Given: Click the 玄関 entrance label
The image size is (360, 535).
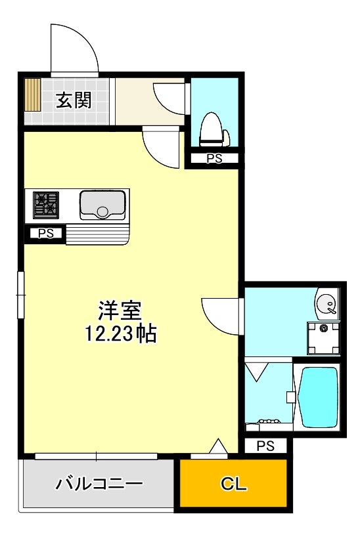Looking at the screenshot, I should (x=73, y=100).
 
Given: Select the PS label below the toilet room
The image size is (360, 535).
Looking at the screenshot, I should (x=214, y=158).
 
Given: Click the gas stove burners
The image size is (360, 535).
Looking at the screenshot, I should (x=46, y=203).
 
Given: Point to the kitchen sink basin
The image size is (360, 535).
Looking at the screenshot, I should (x=103, y=205).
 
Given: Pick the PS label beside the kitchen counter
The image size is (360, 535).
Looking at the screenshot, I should (x=45, y=232).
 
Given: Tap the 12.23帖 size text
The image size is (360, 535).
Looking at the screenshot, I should (x=120, y=334).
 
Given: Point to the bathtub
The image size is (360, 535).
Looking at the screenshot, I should (x=319, y=397).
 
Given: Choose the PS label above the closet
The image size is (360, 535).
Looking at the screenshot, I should (x=265, y=446).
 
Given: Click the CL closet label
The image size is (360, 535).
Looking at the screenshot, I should (x=233, y=484).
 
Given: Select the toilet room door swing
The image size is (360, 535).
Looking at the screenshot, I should (x=169, y=97).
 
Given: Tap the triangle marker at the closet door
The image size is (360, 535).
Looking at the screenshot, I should (x=219, y=448).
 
